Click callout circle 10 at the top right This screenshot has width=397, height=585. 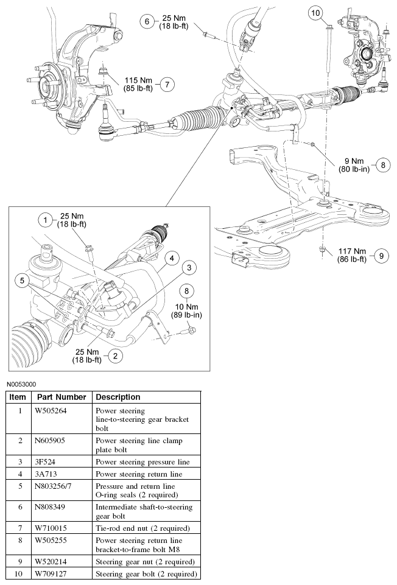(x=315, y=13)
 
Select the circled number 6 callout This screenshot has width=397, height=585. (x=147, y=21)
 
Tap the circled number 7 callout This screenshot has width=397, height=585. (x=168, y=85)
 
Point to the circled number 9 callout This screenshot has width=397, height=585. (x=381, y=256)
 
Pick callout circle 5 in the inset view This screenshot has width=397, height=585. (x=23, y=281)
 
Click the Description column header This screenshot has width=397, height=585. (x=118, y=396)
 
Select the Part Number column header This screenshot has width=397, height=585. (x=61, y=396)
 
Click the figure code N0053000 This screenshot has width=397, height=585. (x=22, y=384)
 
